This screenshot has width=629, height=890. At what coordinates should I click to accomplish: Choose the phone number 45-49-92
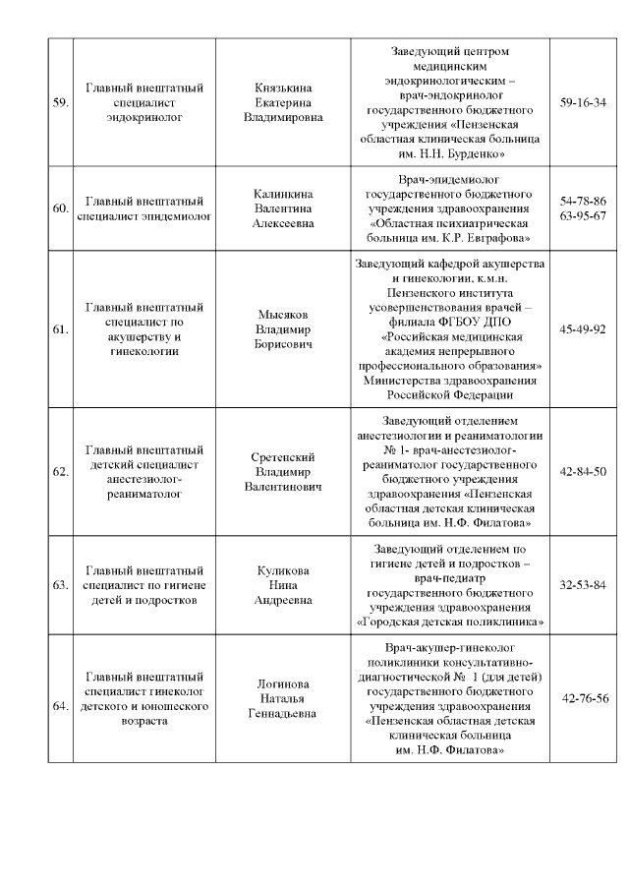[583, 328]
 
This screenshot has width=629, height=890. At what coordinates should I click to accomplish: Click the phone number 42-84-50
[583, 471]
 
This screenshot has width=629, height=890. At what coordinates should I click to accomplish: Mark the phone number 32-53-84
[583, 585]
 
